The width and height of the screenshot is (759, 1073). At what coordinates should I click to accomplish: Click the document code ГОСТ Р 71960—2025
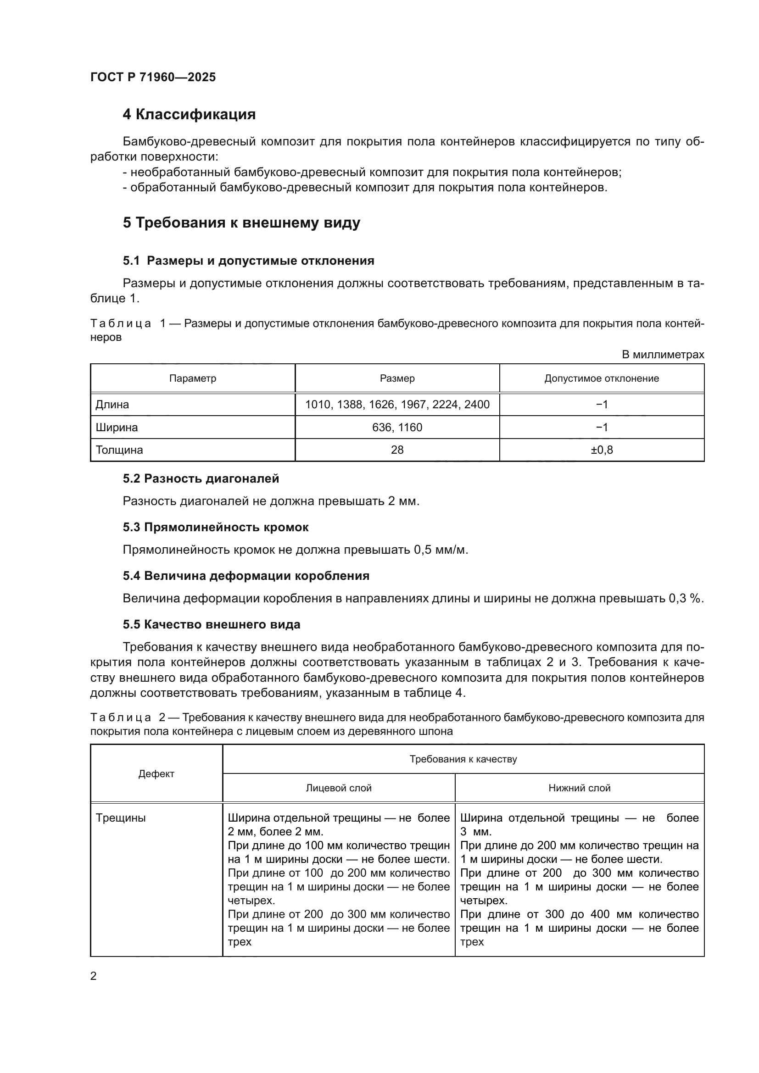point(153,77)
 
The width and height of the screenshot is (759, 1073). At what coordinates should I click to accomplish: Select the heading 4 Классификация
point(189,115)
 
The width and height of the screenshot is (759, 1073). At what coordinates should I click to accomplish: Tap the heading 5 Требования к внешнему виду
point(241,222)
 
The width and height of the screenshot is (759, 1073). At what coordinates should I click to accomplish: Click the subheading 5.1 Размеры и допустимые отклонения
point(248,261)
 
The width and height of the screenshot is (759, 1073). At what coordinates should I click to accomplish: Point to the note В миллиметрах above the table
point(662,355)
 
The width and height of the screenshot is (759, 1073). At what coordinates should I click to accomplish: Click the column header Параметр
point(193,378)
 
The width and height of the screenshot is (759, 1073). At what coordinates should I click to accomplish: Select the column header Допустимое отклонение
point(602,378)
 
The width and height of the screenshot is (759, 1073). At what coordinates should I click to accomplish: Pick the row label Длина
point(112,405)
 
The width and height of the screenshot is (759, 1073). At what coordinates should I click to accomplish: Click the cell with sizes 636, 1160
point(397,428)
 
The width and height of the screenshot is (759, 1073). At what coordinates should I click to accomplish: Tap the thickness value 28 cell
point(397,450)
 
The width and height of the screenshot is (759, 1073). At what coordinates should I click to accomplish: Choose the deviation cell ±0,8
point(602,450)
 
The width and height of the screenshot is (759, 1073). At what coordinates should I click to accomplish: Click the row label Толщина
point(119,450)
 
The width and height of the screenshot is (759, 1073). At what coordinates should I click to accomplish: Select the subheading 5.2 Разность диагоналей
point(201,478)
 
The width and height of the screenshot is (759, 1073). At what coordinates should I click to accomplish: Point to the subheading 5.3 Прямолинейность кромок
point(216,527)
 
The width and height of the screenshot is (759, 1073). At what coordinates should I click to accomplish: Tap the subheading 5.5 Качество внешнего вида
point(211,625)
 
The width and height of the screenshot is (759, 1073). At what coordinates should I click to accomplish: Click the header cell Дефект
point(156,774)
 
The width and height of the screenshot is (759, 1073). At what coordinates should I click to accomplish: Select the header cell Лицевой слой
point(338,789)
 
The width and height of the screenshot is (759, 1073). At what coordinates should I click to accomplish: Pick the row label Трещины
point(121,818)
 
